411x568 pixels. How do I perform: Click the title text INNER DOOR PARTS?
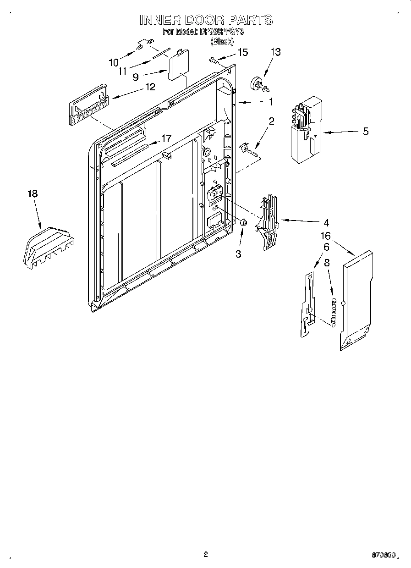[206, 20]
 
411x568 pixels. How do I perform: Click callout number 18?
[32, 193]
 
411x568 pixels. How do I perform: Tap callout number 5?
[365, 132]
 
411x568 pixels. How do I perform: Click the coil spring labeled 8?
[334, 312]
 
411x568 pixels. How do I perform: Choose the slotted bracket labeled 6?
[308, 305]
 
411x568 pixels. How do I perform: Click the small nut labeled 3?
[244, 222]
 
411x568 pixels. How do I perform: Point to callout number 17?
[166, 138]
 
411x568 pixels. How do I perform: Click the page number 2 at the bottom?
[206, 554]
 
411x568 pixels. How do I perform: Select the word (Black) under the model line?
[222, 41]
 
